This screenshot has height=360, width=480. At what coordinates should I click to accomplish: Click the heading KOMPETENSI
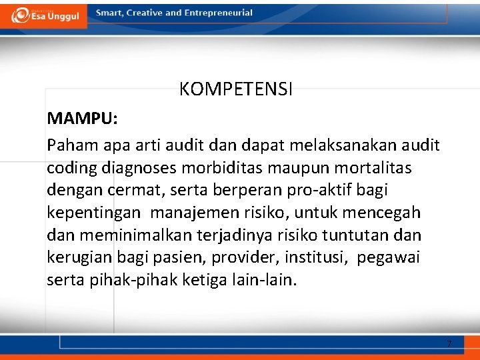pos(235,89)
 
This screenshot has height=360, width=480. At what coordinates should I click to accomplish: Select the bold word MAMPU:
pos(82,119)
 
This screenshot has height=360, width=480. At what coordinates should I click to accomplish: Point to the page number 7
pos(449,344)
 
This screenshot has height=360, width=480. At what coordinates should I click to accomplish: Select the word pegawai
pos(389,258)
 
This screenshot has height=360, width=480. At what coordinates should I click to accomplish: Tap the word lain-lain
pos(265,280)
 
